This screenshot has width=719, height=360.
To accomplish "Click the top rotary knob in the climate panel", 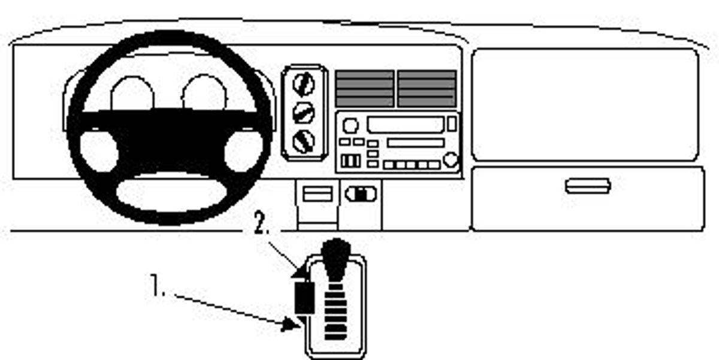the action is (304, 84).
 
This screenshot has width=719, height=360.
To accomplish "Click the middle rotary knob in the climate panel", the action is (304, 113).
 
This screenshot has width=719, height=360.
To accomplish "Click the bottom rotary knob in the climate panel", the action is (304, 141).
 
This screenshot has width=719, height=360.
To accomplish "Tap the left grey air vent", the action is (365, 89).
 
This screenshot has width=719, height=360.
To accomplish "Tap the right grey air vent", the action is (427, 89).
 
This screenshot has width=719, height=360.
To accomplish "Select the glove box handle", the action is (588, 186).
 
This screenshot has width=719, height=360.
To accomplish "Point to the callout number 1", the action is (156, 285).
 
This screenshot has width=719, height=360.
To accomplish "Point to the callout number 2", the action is (261, 223).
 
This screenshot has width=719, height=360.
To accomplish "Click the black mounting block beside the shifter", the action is (304, 298).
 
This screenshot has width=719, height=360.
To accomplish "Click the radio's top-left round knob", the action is (350, 125).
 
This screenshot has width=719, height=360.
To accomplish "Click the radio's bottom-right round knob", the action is (451, 159).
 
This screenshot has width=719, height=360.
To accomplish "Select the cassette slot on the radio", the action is (406, 125).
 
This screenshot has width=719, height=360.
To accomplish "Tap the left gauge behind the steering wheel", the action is (132, 93).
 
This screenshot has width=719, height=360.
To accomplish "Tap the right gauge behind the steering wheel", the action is (204, 92).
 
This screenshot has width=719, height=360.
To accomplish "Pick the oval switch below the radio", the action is (361, 194).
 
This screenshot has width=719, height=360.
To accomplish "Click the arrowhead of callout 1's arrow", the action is (291, 325).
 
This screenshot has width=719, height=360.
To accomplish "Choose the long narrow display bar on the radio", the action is (416, 143).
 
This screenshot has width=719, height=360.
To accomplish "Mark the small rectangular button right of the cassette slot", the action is (452, 124).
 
